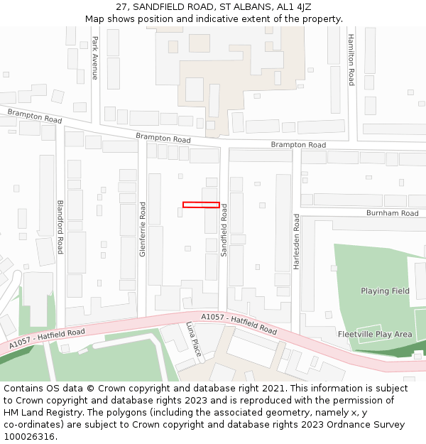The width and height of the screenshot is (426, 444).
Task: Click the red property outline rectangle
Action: (x=201, y=205)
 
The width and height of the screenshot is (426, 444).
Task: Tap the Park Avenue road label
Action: (x=95, y=58)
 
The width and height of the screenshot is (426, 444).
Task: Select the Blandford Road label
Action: (x=60, y=227)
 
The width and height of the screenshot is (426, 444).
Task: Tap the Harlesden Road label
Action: (x=297, y=242)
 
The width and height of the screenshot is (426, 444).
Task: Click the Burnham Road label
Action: (x=392, y=213)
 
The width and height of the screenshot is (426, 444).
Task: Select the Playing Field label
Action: (x=385, y=291)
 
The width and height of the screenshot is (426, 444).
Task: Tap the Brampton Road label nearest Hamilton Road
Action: (x=298, y=145)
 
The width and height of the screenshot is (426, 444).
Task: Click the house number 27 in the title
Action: (x=121, y=6)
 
